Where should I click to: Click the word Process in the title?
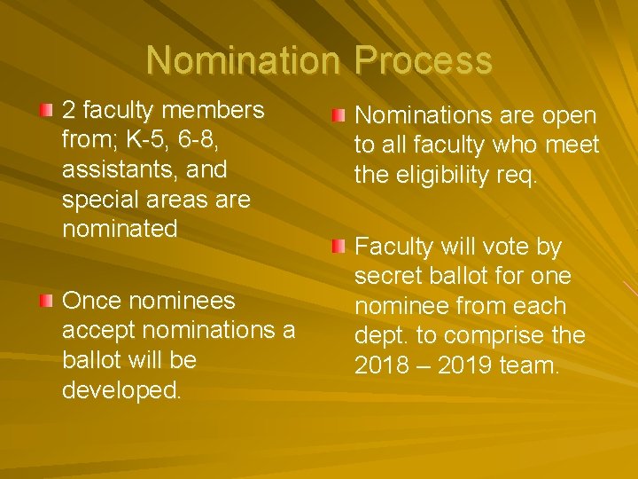coord(423,60)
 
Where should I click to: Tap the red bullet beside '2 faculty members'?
coord(46,109)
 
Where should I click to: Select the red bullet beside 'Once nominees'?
coord(46,300)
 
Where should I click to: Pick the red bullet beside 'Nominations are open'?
coord(338,115)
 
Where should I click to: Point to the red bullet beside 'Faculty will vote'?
coord(338,246)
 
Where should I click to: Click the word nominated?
coord(120,228)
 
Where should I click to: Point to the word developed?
coord(121,390)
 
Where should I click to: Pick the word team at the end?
coord(532,365)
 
